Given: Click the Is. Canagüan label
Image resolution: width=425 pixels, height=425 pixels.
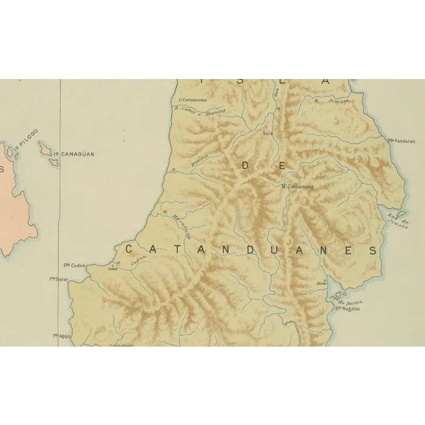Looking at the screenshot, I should click(74, 153).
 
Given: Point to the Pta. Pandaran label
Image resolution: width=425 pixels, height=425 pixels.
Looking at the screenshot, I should click(402, 141).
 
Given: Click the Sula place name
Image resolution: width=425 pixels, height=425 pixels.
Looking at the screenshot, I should click(268, 133).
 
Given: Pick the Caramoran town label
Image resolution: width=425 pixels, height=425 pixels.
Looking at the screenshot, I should click(194, 100).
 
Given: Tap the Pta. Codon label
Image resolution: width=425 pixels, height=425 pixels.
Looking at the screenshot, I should click(75, 264).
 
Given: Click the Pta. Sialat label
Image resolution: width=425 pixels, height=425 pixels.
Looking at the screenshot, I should click(61, 280).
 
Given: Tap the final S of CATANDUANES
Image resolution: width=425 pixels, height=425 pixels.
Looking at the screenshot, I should click(373, 250).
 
